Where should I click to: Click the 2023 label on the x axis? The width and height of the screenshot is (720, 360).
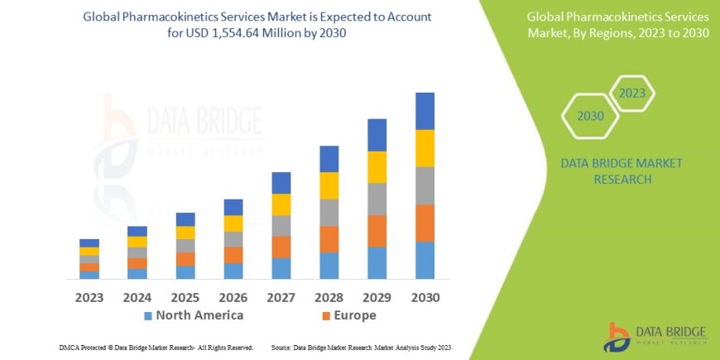89,297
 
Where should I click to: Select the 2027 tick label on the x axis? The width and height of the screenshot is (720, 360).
281,297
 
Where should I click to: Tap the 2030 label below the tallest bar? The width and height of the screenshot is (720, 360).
425,297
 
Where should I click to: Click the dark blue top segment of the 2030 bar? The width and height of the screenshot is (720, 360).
425,111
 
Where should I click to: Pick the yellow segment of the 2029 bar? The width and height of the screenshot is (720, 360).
377,167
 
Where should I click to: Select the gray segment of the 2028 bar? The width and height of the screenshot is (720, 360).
329,213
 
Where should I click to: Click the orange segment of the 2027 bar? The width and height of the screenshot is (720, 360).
281,247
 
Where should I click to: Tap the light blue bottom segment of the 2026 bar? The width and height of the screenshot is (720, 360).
233,271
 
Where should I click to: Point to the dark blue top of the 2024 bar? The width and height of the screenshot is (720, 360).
137,231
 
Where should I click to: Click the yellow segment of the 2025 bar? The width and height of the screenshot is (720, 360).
185,233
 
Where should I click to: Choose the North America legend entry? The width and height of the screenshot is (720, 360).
194,315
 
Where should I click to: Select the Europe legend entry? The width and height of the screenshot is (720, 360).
348,315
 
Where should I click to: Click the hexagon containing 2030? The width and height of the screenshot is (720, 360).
590,117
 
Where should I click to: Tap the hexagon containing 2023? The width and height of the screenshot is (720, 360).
631,93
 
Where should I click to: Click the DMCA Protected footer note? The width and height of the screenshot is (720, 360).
156,348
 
